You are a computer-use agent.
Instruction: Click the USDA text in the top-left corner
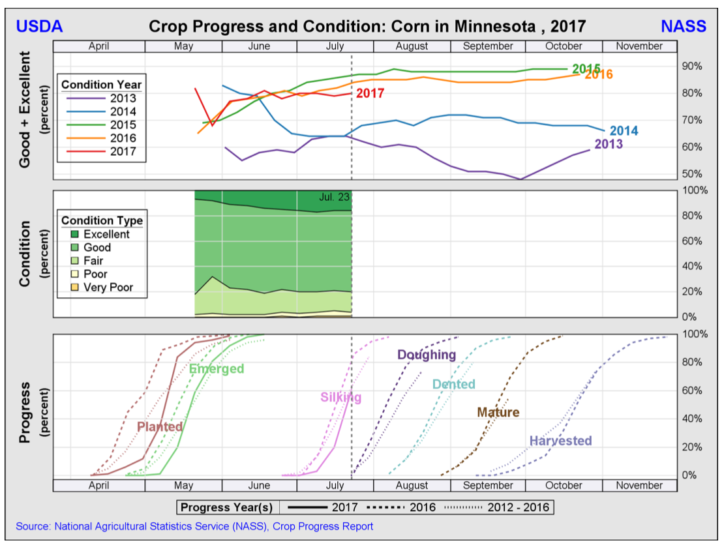tap(38, 26)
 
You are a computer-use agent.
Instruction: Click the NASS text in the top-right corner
tap(683, 26)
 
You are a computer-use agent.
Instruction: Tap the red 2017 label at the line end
tap(369, 94)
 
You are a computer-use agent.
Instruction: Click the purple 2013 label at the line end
tap(608, 144)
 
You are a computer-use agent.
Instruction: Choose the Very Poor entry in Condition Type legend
tap(108, 288)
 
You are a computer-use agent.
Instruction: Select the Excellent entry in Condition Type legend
tap(106, 234)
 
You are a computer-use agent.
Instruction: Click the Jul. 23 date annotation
tap(334, 196)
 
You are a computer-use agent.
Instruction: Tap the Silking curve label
tap(340, 398)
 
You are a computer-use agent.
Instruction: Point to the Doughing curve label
tap(427, 355)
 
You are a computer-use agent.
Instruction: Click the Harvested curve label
tap(560, 441)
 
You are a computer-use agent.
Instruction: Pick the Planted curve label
tap(160, 426)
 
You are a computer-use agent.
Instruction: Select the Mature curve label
tap(498, 412)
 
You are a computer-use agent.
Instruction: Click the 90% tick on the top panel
tap(691, 66)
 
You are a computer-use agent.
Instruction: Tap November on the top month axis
tap(639, 46)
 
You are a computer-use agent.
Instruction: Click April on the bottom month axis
tap(98, 485)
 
